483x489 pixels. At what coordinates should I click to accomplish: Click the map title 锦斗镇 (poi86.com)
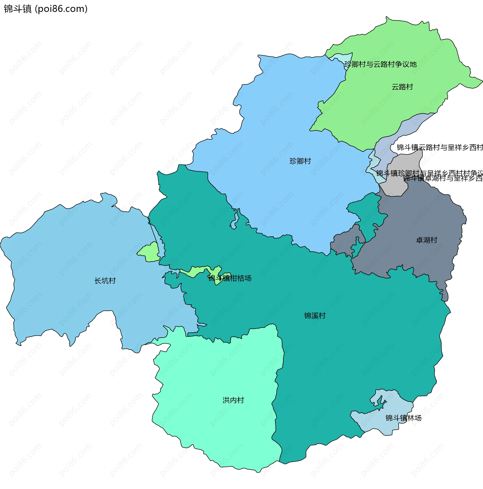coord(46,9)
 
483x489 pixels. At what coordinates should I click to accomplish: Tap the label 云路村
coord(402,87)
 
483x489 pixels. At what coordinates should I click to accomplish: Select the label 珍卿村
coord(300,161)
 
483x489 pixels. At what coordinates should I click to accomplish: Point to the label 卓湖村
coord(426,240)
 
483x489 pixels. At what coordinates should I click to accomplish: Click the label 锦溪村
coord(315,316)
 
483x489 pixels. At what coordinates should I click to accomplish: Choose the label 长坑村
coord(105,281)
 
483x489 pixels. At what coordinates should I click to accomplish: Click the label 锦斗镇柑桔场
coord(230,278)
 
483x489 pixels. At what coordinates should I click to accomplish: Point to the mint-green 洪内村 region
coord(215,405)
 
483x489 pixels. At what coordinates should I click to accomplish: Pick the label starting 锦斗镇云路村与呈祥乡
coord(440,148)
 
